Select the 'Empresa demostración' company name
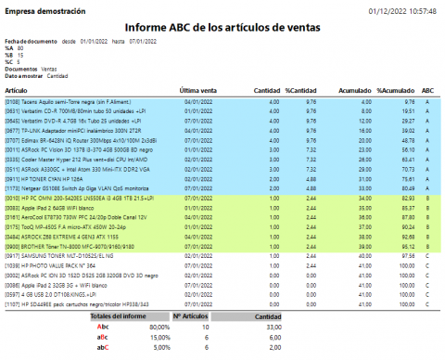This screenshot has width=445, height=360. pos(44,10)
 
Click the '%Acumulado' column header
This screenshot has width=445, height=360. pos(395,89)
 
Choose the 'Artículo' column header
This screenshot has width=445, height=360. pos(18,89)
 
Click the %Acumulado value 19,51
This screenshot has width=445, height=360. pos(406,110)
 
